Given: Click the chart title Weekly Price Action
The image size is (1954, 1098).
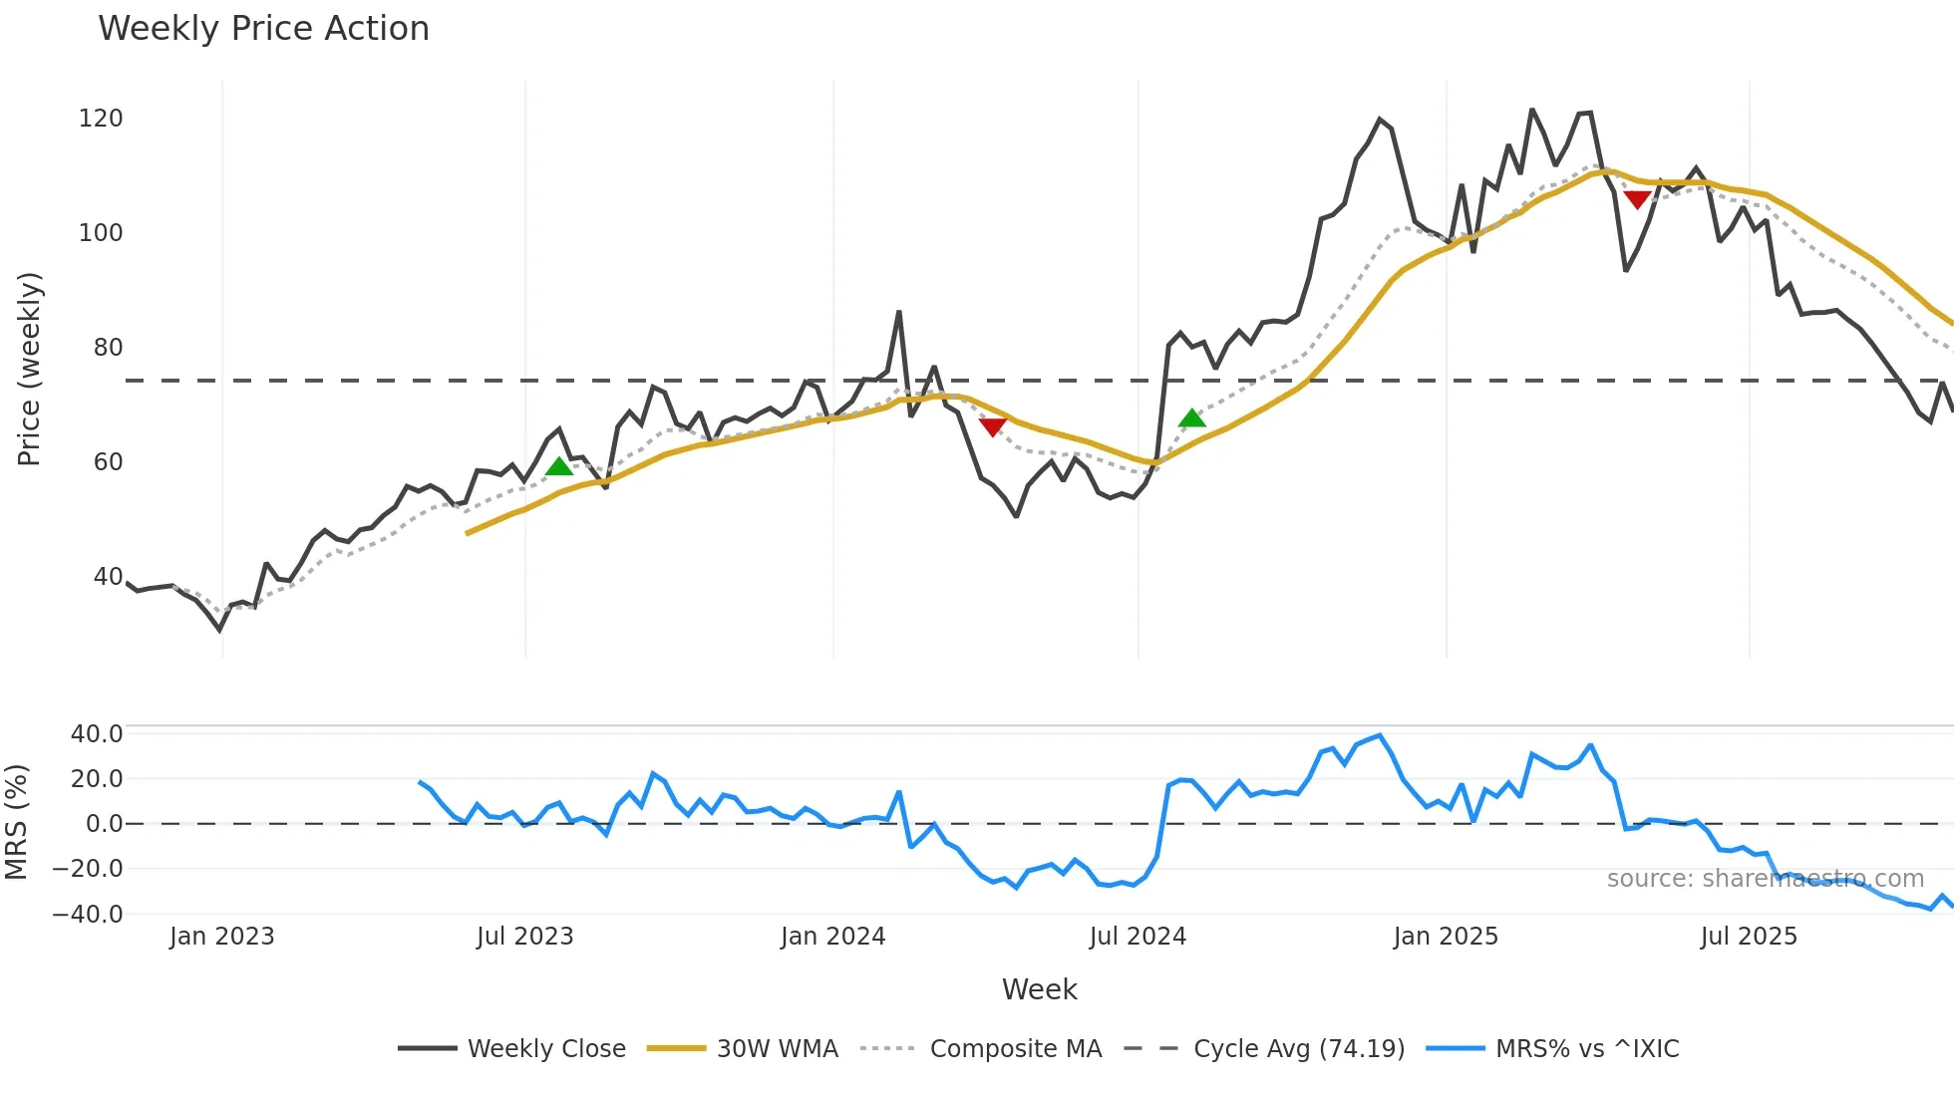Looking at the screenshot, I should pos(263,29).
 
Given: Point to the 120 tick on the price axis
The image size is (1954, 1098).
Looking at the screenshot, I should pos(101,119).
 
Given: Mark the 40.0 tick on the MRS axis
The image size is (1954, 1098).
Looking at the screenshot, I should pos(97,734).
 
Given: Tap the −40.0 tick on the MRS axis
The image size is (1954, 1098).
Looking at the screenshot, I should pos(88,914).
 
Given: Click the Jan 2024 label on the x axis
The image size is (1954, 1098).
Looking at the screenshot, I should pos(832,937).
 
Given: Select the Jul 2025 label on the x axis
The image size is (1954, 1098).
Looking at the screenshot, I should pos(1749,937).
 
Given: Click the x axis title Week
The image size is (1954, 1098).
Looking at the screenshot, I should pos(1039,989).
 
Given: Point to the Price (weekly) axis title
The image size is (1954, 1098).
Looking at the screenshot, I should pos(29,369).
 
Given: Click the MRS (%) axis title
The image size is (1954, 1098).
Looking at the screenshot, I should pos(17,822).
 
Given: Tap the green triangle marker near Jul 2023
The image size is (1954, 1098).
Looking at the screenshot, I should pos(559,466).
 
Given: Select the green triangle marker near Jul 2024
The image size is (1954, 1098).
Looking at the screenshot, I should pos(1191,418).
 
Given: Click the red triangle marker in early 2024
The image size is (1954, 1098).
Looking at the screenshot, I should pos(992,427).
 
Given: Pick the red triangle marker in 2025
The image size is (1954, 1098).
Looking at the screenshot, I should pos(1637,200).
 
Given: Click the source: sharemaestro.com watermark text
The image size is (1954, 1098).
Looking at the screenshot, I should pos(1765,879).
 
